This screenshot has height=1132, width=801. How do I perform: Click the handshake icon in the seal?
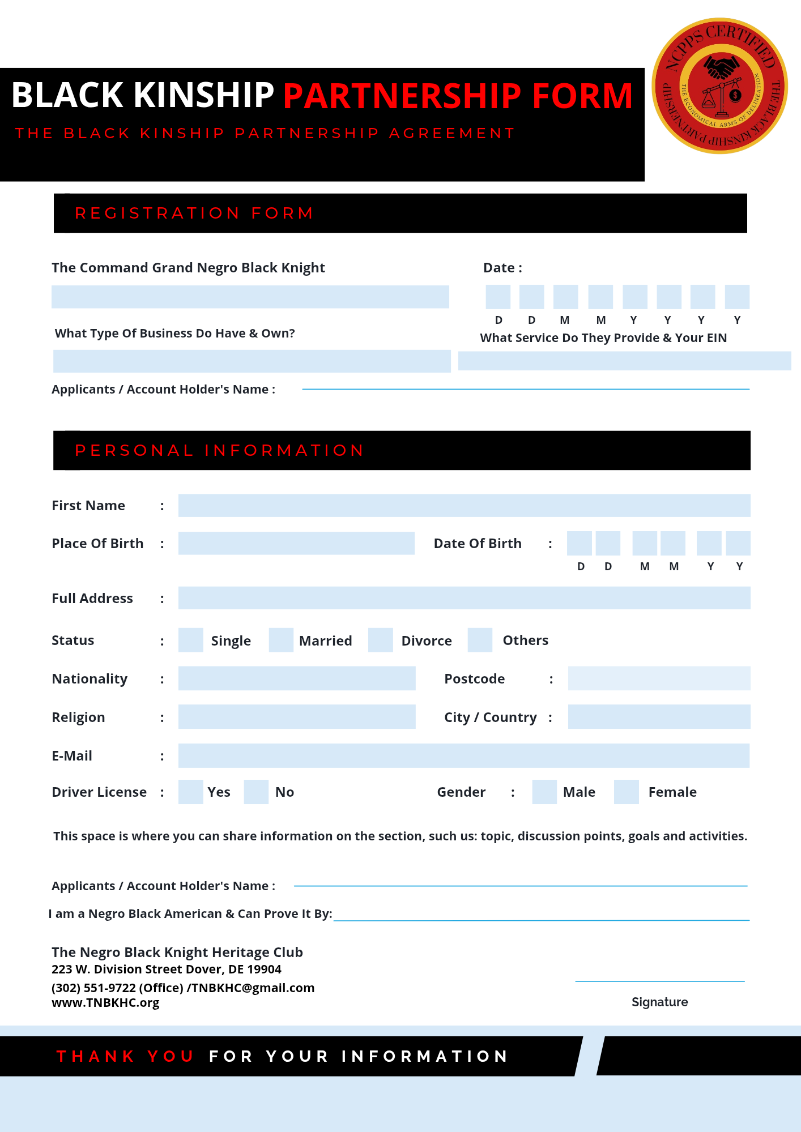[721, 67]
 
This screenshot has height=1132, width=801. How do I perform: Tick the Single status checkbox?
[190, 640]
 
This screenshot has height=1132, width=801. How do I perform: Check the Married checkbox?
[281, 640]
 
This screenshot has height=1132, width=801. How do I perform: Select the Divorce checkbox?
[380, 640]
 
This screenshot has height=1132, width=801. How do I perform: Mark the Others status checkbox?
[480, 640]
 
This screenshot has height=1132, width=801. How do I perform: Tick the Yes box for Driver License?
[190, 792]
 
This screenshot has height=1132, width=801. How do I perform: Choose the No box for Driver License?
[256, 792]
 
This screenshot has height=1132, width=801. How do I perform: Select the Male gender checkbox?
[544, 792]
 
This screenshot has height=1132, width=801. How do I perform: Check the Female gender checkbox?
[627, 792]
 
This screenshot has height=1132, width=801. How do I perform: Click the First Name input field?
[464, 505]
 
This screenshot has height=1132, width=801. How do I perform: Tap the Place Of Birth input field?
[296, 543]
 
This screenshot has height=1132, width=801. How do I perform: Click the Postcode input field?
[659, 678]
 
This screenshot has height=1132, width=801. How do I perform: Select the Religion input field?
[296, 716]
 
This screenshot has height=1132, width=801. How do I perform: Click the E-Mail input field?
[464, 755]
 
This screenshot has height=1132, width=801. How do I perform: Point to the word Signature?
[659, 1002]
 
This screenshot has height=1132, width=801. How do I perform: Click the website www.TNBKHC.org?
[105, 1002]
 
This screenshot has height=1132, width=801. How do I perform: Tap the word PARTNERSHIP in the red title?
[402, 96]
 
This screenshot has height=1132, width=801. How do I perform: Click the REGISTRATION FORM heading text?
[194, 213]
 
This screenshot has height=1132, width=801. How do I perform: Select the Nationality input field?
[296, 678]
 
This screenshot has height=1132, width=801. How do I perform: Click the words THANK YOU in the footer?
[125, 1056]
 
